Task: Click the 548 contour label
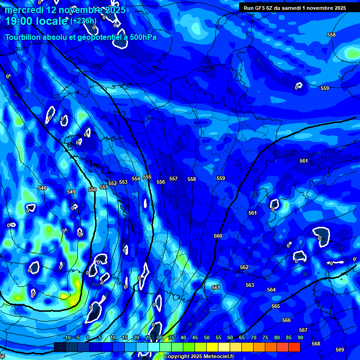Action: pyautogui.click(x=42, y=188)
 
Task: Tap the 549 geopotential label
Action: pyautogui.click(x=71, y=192)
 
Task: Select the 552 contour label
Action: pyautogui.click(x=112, y=183)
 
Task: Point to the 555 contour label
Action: pyautogui.click(x=147, y=177)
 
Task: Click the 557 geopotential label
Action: pyautogui.click(x=173, y=179)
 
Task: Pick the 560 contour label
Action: pyautogui.click(x=218, y=236)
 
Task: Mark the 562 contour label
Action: pyautogui.click(x=244, y=267)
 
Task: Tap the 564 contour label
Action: pyautogui.click(x=271, y=290)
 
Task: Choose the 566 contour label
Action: pyautogui.click(x=286, y=320)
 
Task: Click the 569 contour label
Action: pyautogui.click(x=340, y=350)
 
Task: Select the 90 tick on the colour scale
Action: pyautogui.click(x=300, y=337)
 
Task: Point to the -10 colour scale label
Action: pyautogui.click(x=67, y=337)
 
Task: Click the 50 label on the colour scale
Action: pyautogui.click(x=207, y=337)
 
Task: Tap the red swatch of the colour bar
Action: pyautogui.click(x=294, y=347)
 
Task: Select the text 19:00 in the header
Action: pyautogui.click(x=19, y=21)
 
